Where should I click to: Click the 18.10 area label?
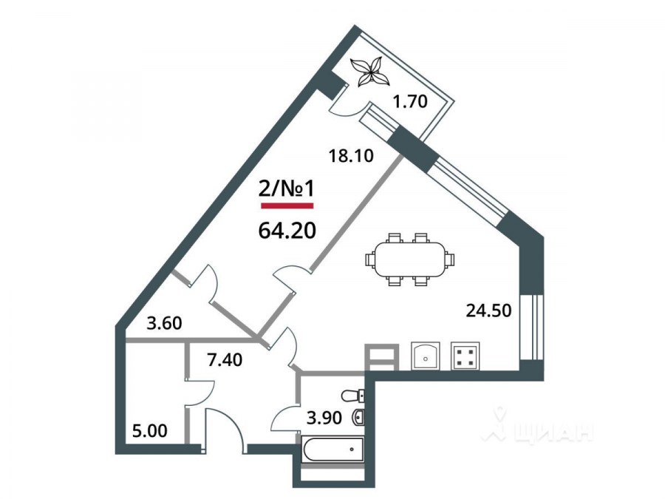tap(351, 156)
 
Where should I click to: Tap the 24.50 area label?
tap(488, 310)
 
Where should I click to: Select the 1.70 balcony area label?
tap(409, 102)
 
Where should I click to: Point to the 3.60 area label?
tap(164, 323)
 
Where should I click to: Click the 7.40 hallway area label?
tap(225, 360)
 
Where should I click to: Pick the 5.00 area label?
tap(150, 431)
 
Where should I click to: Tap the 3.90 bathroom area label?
tap(324, 418)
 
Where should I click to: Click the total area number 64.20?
tap(287, 231)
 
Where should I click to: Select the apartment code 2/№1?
tap(287, 189)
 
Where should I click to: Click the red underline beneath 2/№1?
tap(287, 206)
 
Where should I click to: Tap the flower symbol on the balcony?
tap(370, 72)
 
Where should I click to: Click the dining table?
tap(409, 259)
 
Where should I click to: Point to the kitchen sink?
tap(426, 356)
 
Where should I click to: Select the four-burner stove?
tap(465, 356)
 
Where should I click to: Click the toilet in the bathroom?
tap(353, 396)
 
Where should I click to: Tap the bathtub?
tap(333, 449)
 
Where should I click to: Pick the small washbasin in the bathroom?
tap(358, 418)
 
